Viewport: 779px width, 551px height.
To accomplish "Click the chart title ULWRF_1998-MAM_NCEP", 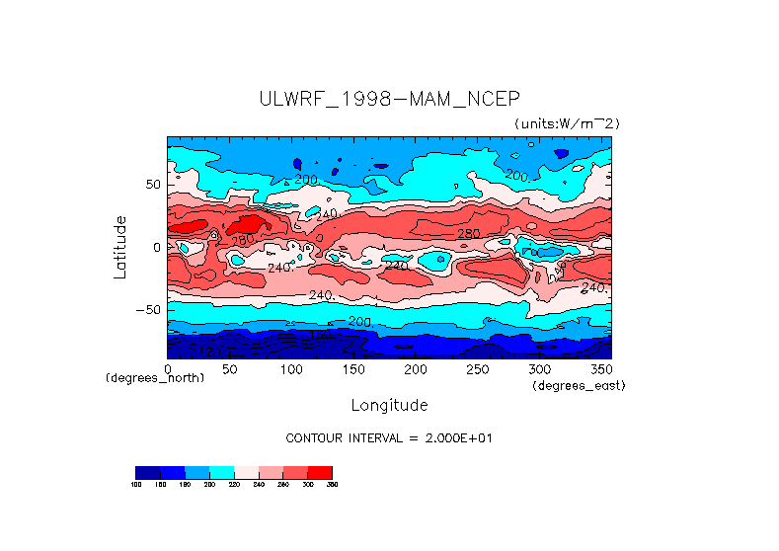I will click(389, 99).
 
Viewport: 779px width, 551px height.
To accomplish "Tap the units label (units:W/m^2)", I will click(566, 123).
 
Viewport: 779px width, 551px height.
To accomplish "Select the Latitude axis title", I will click(120, 247).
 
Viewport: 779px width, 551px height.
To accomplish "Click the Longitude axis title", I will click(389, 405).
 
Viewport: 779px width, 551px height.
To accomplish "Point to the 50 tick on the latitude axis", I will click(151, 185).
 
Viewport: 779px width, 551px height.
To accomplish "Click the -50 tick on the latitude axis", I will click(147, 309).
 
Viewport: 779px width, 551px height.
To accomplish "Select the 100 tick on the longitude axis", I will click(291, 369).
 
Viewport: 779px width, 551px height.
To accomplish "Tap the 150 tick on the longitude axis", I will click(353, 369).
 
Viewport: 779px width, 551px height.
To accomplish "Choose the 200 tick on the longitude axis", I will click(416, 369).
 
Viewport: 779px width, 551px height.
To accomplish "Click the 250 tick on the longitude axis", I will click(478, 369).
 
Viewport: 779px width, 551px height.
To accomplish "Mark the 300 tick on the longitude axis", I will click(540, 369).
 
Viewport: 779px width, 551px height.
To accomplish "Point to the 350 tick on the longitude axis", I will click(600, 369).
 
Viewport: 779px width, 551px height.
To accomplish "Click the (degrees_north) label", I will click(155, 378).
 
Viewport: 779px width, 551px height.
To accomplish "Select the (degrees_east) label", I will click(579, 385).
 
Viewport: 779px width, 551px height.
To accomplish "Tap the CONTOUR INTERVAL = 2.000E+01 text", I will click(388, 437).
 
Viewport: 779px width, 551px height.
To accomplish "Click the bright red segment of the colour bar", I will click(320, 472).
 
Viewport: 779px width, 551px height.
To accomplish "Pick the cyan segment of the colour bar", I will click(221, 472).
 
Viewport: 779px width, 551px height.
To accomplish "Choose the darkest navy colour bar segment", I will click(147, 472).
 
